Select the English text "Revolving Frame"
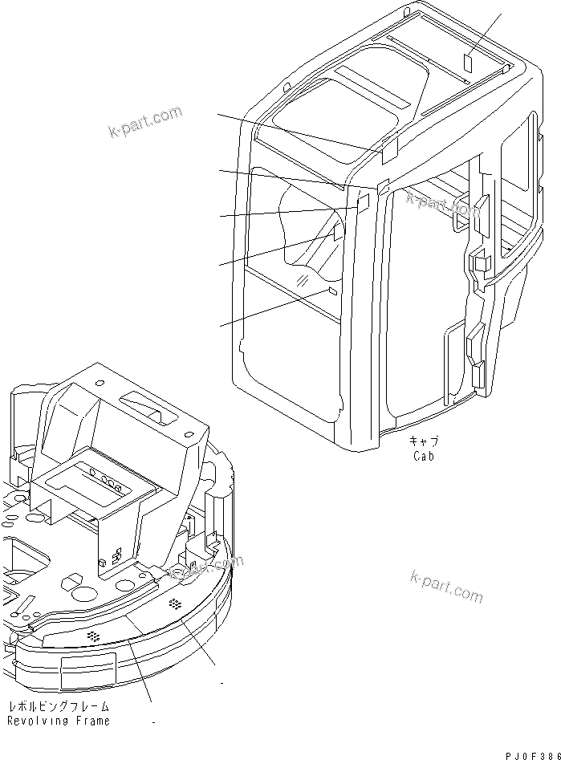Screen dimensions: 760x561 coord(58,721)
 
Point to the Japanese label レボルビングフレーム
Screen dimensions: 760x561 coord(58,707)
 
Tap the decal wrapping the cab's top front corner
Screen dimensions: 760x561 coord(389,145)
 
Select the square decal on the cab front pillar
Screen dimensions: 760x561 coord(363,201)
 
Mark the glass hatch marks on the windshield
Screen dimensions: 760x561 coord(303,278)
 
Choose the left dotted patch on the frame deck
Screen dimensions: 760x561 coord(94,636)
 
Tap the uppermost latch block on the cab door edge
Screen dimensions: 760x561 coord(481,208)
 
